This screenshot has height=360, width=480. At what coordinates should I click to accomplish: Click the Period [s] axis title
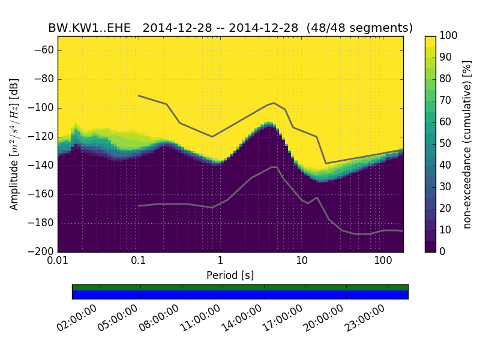point(230,275)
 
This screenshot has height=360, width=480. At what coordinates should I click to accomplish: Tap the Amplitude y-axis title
point(14,144)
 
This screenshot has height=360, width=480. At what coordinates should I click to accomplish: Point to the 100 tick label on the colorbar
point(449,36)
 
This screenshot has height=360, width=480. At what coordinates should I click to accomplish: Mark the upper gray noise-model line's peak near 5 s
point(274,103)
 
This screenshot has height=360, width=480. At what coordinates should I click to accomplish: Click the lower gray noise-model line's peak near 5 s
point(275,167)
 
